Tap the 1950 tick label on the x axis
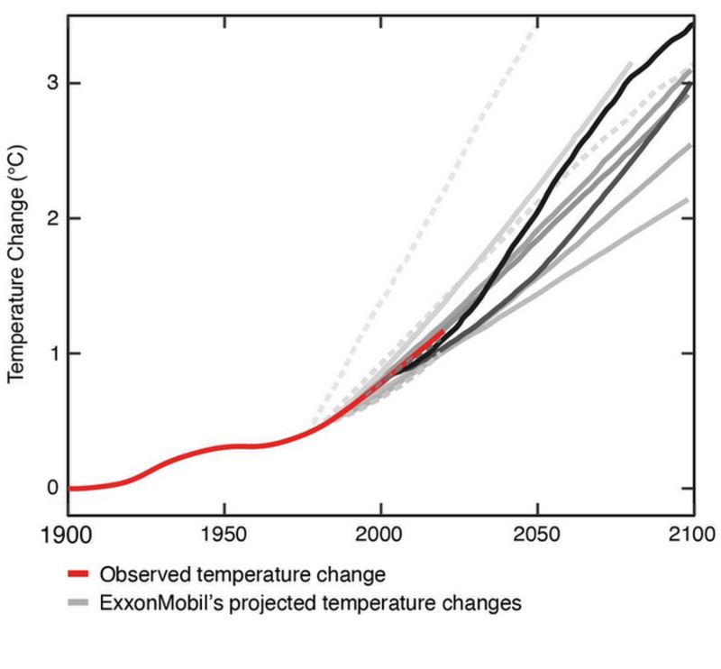click(224, 534)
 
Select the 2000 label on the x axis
click(380, 534)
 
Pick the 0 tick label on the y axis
click(53, 488)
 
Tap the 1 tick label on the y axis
click(53, 353)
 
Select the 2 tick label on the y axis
click(53, 218)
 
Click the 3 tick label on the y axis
click(53, 83)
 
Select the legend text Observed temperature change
click(243, 574)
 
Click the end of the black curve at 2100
click(692, 24)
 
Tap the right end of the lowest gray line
click(688, 199)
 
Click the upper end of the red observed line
click(442, 331)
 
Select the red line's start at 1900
click(69, 488)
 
